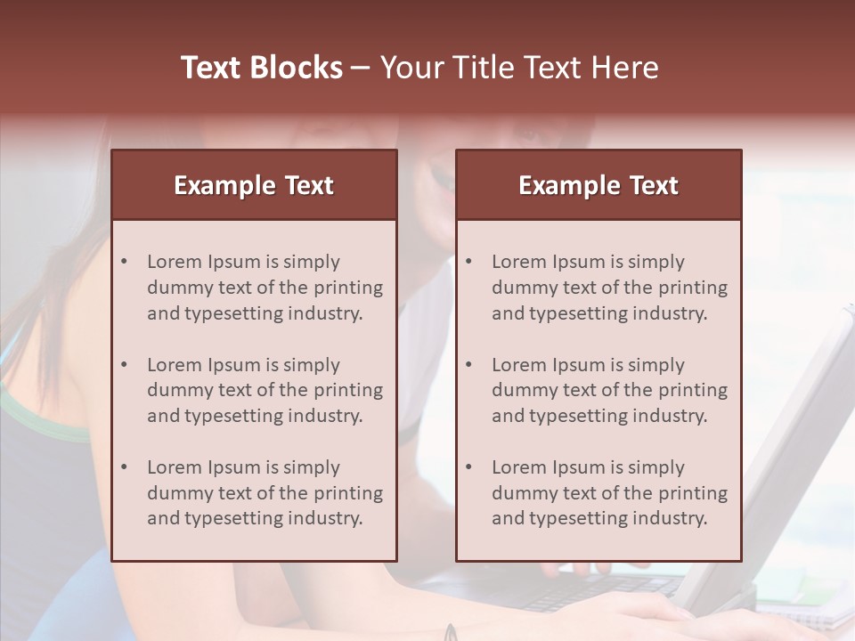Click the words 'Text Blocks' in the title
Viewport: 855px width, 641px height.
[x=262, y=68]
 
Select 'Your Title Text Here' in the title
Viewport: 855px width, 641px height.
[x=519, y=68]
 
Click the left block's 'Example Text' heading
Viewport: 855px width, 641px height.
[x=254, y=185]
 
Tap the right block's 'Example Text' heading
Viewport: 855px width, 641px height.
[x=598, y=185]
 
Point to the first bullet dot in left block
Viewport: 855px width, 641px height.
[x=125, y=262]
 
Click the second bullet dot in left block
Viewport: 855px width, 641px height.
[x=125, y=365]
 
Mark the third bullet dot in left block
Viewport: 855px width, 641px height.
[x=125, y=467]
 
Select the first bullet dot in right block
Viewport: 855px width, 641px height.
[x=469, y=262]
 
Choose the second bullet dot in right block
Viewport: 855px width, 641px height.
[x=469, y=365]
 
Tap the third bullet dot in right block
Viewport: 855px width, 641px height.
[x=469, y=467]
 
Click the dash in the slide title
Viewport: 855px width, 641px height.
[x=361, y=69]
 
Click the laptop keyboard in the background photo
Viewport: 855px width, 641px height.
[x=570, y=592]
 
